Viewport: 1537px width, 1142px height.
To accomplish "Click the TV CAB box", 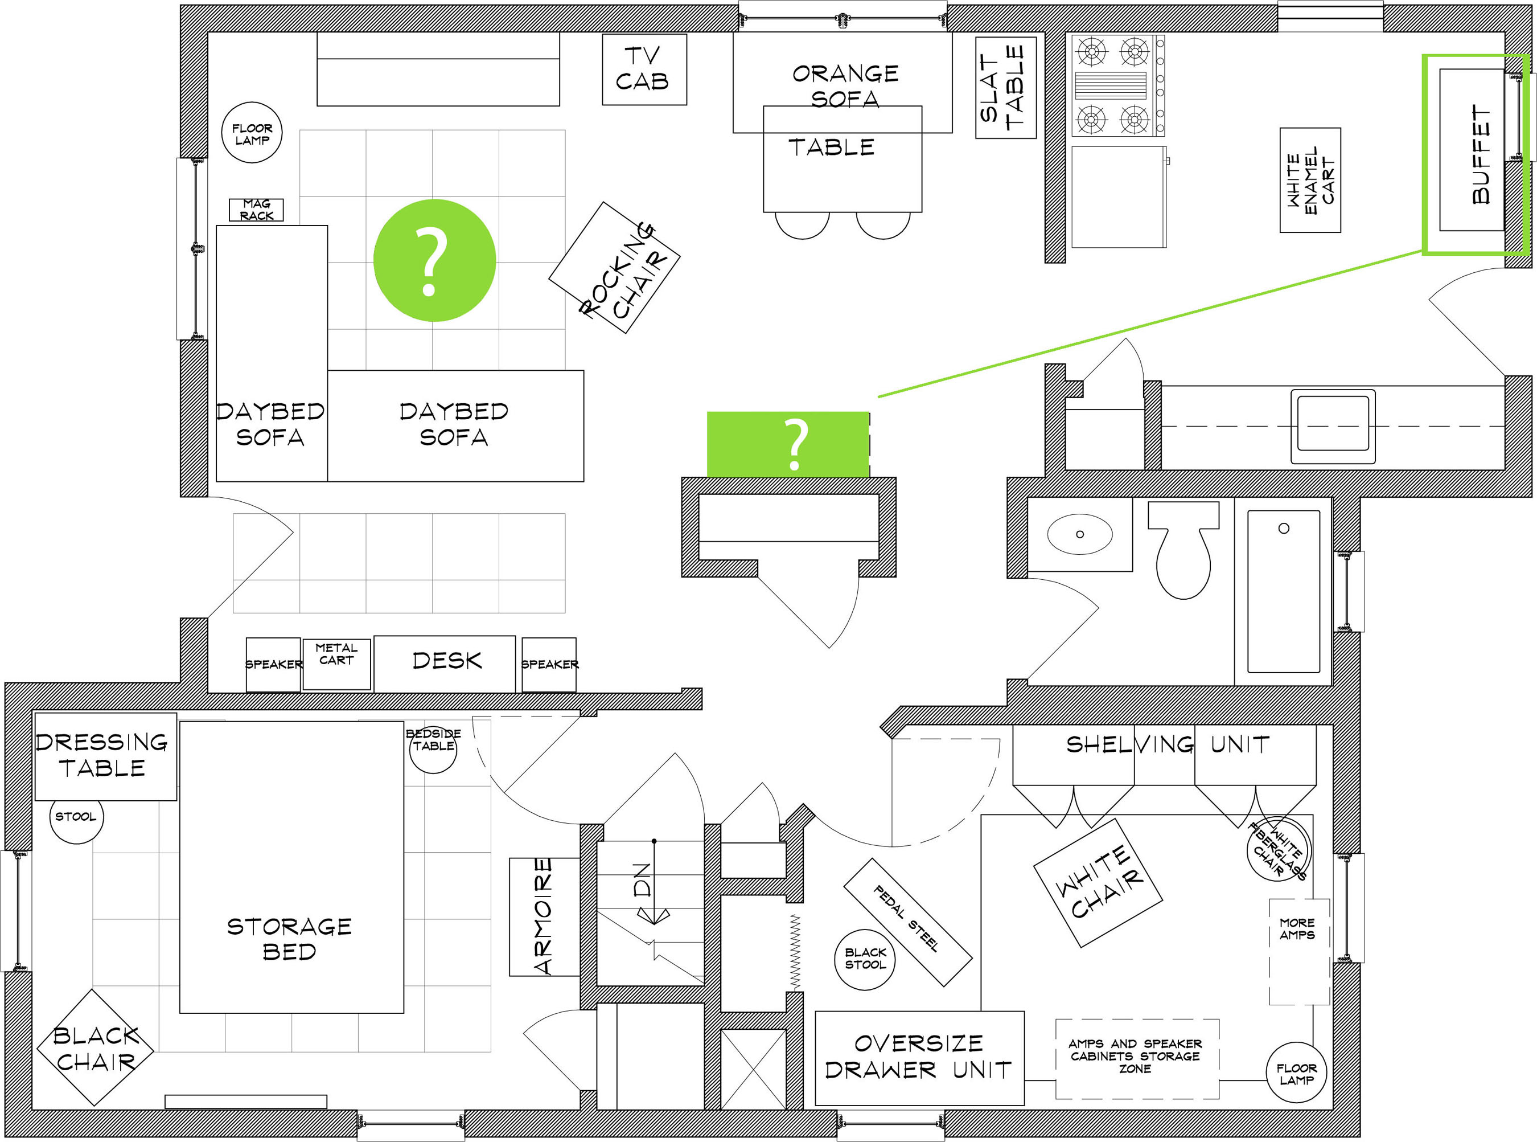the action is (x=644, y=69).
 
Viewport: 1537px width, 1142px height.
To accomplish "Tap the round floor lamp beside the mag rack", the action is (x=252, y=133).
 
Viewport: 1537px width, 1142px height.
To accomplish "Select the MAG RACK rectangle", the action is (x=256, y=210).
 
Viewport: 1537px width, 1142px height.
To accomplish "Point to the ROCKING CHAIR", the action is (x=614, y=268).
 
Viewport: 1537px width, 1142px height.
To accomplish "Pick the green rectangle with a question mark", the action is (x=787, y=444).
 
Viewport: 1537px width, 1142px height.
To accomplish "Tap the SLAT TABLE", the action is (x=1005, y=88).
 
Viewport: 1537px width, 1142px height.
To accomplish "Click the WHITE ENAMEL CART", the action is (x=1310, y=180).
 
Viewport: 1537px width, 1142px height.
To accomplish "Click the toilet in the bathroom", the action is (x=1182, y=550).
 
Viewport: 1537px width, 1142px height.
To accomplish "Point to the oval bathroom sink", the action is (x=1080, y=534).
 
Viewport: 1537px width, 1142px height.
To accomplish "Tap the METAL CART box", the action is (x=336, y=664).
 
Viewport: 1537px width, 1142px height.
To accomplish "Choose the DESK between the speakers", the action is (x=444, y=664).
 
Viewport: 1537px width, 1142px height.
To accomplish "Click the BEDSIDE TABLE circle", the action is (x=433, y=748).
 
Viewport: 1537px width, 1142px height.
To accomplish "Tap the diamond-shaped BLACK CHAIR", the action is (x=94, y=1047).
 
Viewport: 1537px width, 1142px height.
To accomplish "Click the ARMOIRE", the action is (x=544, y=916).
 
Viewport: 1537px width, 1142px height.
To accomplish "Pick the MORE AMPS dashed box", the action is (x=1298, y=951).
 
